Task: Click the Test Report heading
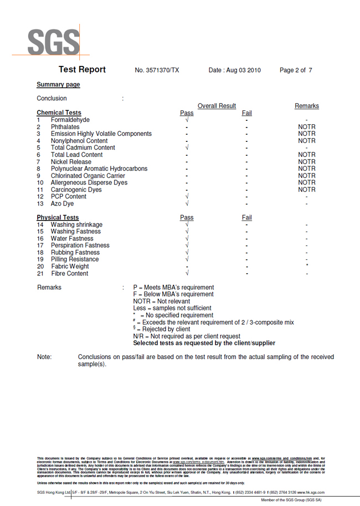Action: (x=82, y=70)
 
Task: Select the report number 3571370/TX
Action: (x=157, y=70)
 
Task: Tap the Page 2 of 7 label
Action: (x=296, y=70)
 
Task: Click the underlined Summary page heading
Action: (x=58, y=85)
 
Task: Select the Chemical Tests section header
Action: (x=59, y=113)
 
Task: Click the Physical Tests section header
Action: (x=58, y=218)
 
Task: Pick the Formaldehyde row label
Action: (x=70, y=120)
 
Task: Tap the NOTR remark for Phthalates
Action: (x=306, y=127)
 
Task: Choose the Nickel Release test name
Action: (x=71, y=162)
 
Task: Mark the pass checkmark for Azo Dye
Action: (x=187, y=204)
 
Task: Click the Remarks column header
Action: (x=306, y=106)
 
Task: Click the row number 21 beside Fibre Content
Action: (x=40, y=274)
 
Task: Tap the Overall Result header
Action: (x=217, y=106)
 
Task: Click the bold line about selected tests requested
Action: (x=204, y=344)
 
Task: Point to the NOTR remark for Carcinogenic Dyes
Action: (x=306, y=190)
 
